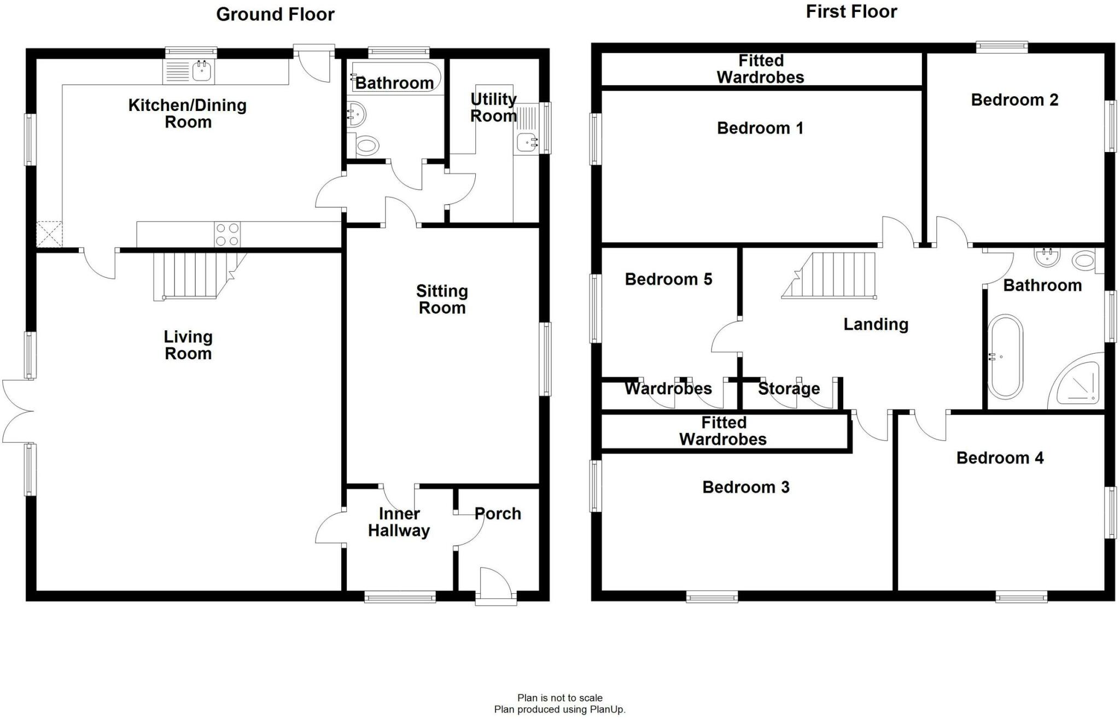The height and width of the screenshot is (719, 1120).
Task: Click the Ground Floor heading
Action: point(275,14)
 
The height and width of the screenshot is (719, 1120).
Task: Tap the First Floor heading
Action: point(851,11)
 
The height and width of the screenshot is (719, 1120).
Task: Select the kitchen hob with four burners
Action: point(227,235)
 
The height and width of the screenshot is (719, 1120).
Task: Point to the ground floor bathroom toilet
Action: point(367,146)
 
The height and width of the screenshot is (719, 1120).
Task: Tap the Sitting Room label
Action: point(442,299)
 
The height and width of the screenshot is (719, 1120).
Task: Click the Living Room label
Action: point(188,344)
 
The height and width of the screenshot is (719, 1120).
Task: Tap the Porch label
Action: point(498,513)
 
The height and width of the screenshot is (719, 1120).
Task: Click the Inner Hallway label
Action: point(399,522)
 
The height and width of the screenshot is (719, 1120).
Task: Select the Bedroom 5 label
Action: point(668,279)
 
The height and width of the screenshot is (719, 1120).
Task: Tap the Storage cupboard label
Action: point(789,389)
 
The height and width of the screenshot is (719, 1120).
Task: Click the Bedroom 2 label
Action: point(1014,100)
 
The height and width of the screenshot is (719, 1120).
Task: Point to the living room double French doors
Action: point(16,411)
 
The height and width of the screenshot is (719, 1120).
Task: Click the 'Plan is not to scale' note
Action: point(559,698)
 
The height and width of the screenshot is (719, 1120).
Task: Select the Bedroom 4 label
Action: point(1000,458)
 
